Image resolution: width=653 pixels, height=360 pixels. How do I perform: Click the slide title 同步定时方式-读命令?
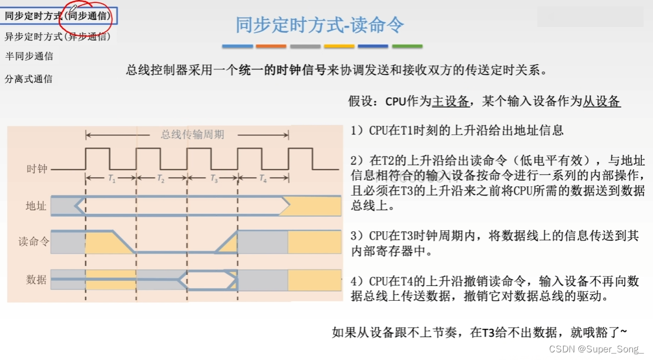click(320, 25)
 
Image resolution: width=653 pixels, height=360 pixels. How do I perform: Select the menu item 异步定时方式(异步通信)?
click(58, 36)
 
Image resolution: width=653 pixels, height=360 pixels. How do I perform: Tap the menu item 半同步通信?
click(29, 56)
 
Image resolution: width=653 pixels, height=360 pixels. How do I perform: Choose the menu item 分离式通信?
click(29, 79)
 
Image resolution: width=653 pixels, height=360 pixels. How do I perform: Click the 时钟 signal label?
click(36, 169)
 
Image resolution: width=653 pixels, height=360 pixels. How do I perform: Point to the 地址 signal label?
click(36, 206)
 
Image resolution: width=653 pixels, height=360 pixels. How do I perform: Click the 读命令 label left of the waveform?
click(33, 241)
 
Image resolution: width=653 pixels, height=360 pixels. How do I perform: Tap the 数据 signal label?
click(36, 280)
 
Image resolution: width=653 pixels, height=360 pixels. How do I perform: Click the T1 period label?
click(111, 179)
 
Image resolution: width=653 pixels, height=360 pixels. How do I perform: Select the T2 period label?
click(161, 179)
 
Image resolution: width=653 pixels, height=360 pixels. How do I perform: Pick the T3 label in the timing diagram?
click(213, 179)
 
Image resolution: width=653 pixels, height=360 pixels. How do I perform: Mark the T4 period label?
click(262, 179)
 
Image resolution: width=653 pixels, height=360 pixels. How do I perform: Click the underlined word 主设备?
click(450, 102)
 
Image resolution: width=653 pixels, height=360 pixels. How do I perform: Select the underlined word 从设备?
click(601, 102)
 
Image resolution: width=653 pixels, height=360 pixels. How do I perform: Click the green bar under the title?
click(407, 46)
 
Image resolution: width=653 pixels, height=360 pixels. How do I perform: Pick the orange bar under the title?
click(271, 46)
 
